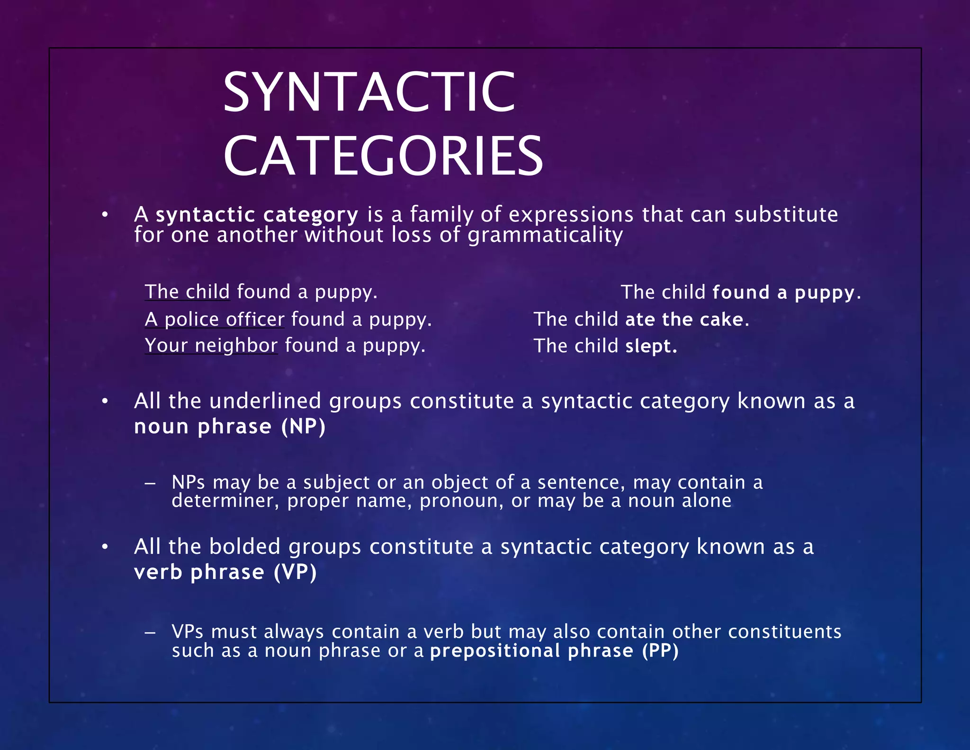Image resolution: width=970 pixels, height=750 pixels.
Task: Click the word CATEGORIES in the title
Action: [x=383, y=156]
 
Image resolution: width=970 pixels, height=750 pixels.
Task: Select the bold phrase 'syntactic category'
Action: [x=257, y=215]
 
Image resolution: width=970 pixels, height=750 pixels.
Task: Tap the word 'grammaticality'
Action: [x=545, y=235]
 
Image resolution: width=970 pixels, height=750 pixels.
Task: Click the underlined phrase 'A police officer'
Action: [x=215, y=319]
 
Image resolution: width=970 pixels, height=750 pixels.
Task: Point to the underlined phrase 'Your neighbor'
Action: [x=211, y=346]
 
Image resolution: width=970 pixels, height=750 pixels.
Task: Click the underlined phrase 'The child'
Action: [x=187, y=292]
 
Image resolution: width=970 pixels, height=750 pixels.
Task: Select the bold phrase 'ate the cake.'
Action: [x=687, y=320]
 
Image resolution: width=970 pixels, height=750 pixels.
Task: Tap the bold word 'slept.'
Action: [x=651, y=346]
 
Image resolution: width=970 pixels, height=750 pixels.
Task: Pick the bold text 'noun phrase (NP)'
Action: [x=230, y=426]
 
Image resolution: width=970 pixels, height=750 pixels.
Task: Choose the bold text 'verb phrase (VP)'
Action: [x=225, y=572]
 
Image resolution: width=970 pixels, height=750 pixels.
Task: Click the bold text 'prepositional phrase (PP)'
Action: [x=554, y=650]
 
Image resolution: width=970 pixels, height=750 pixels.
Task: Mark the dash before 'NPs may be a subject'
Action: [x=150, y=483]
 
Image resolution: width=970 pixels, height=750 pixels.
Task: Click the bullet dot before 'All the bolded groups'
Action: [x=105, y=547]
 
